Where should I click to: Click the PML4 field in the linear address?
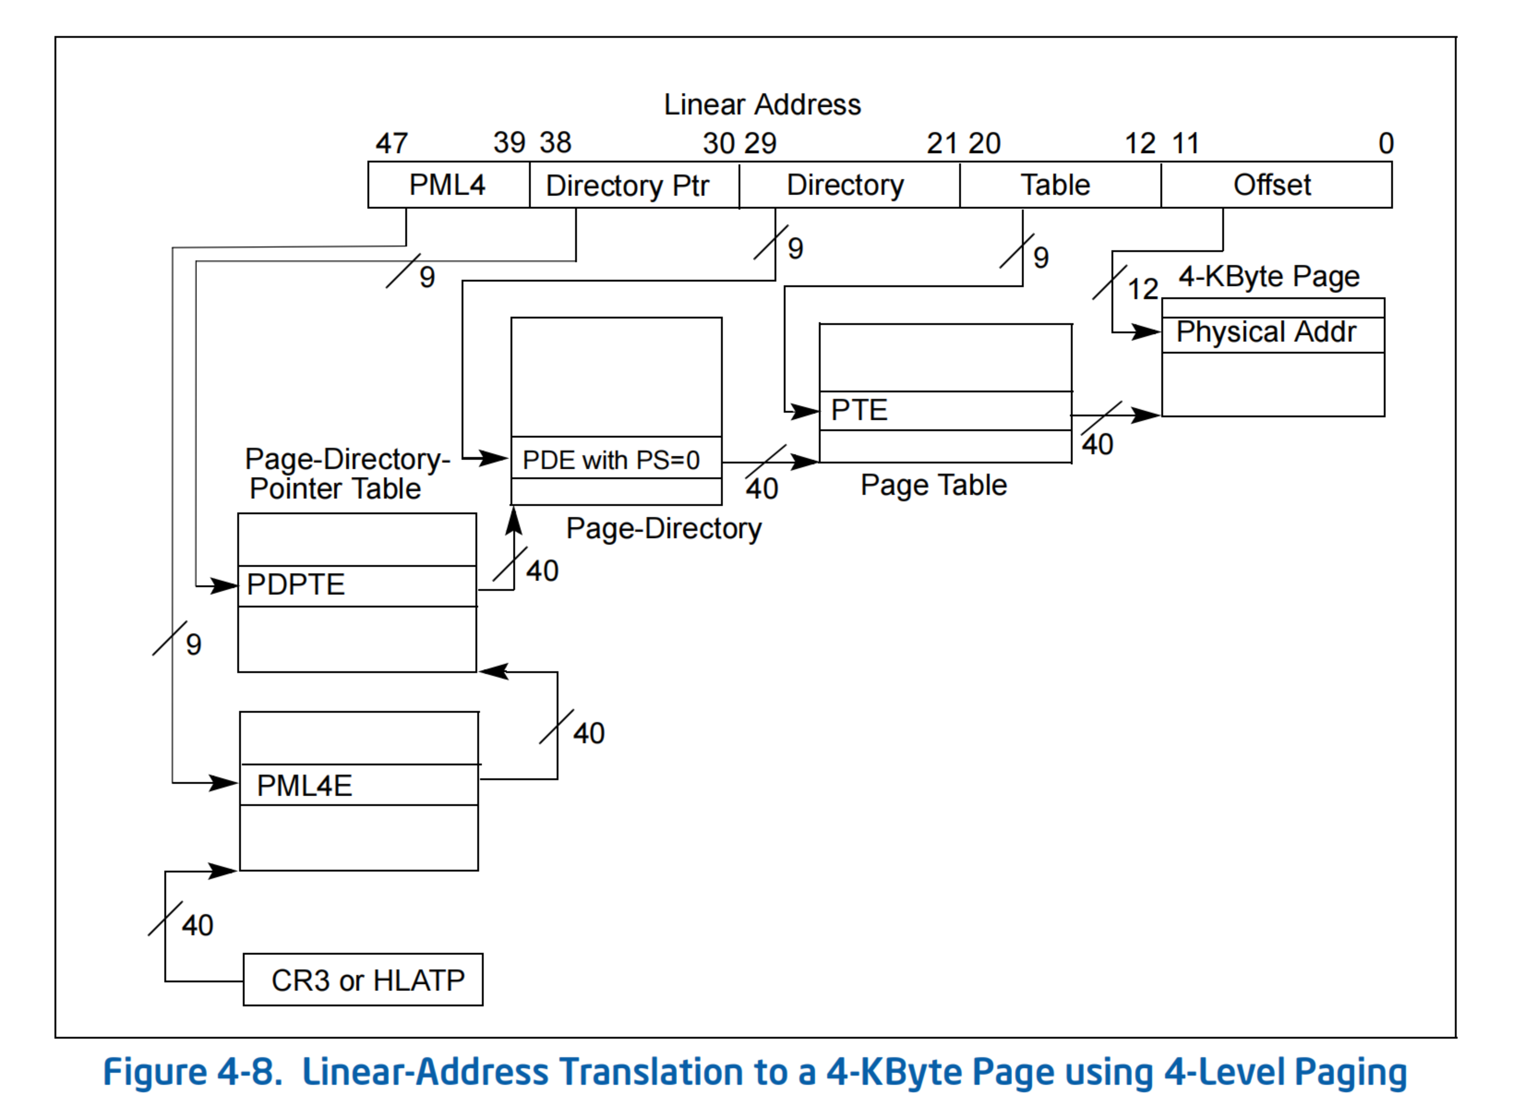pos(448,185)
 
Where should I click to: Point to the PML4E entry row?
pos(359,785)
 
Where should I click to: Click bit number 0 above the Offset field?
pos(1386,143)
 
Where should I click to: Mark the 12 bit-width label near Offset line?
pos(1143,289)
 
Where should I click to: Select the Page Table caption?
pos(933,485)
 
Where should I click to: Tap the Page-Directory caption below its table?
pos(664,528)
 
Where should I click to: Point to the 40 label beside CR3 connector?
pos(197,925)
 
